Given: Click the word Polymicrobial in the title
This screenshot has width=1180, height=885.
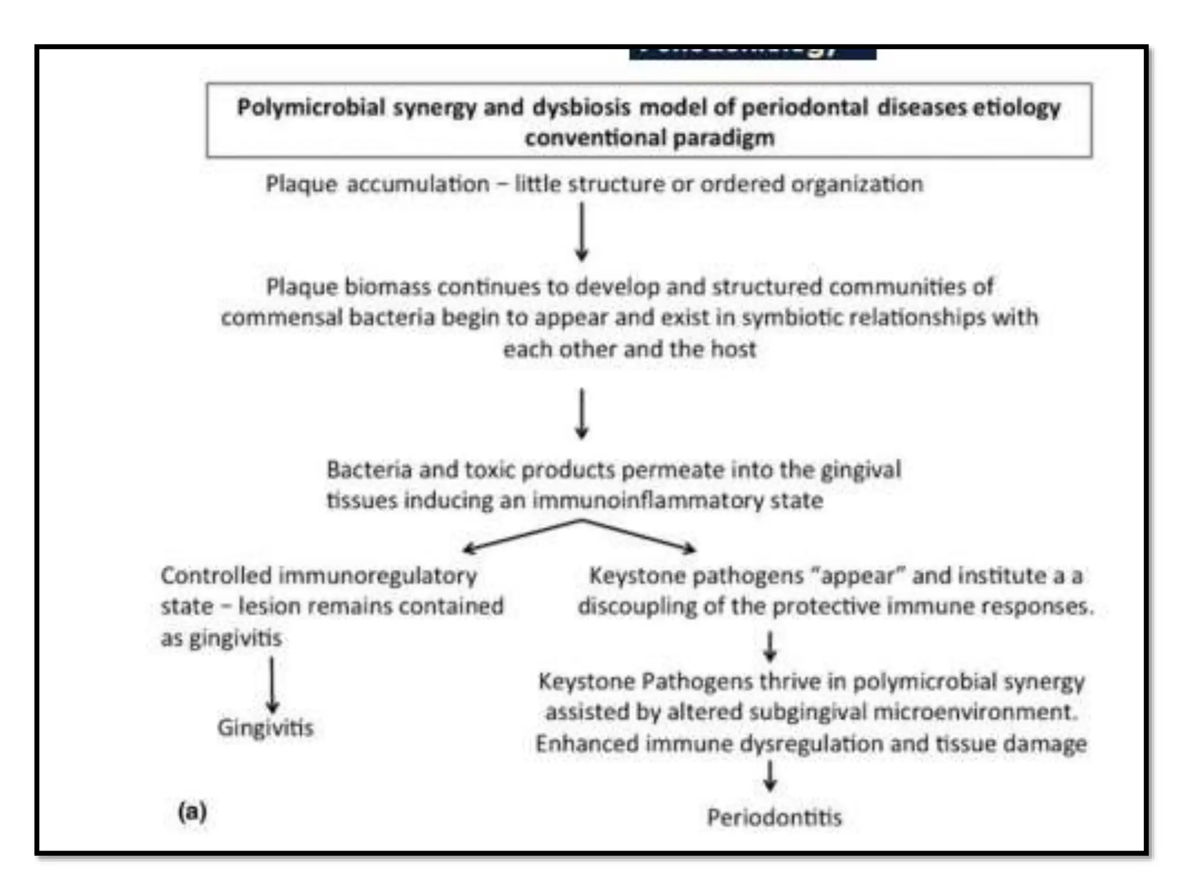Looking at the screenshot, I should click(311, 108).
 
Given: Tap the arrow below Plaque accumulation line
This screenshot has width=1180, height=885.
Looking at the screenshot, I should click(582, 231).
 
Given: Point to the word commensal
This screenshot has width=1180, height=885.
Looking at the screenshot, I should click(281, 317).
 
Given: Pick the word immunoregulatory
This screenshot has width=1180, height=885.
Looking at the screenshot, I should click(378, 576).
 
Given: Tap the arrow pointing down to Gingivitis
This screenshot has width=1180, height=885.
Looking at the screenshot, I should click(272, 685).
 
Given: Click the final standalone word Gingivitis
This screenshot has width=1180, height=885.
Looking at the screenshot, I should click(265, 728).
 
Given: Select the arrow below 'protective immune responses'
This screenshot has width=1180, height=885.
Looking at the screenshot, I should click(770, 646).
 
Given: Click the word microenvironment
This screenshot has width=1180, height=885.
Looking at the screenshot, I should click(975, 712).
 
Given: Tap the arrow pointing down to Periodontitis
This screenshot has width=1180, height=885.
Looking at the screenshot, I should click(770, 776).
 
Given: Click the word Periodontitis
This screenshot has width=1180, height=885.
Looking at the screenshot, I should click(774, 817).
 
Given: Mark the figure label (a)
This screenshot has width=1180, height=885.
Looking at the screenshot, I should click(192, 812).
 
